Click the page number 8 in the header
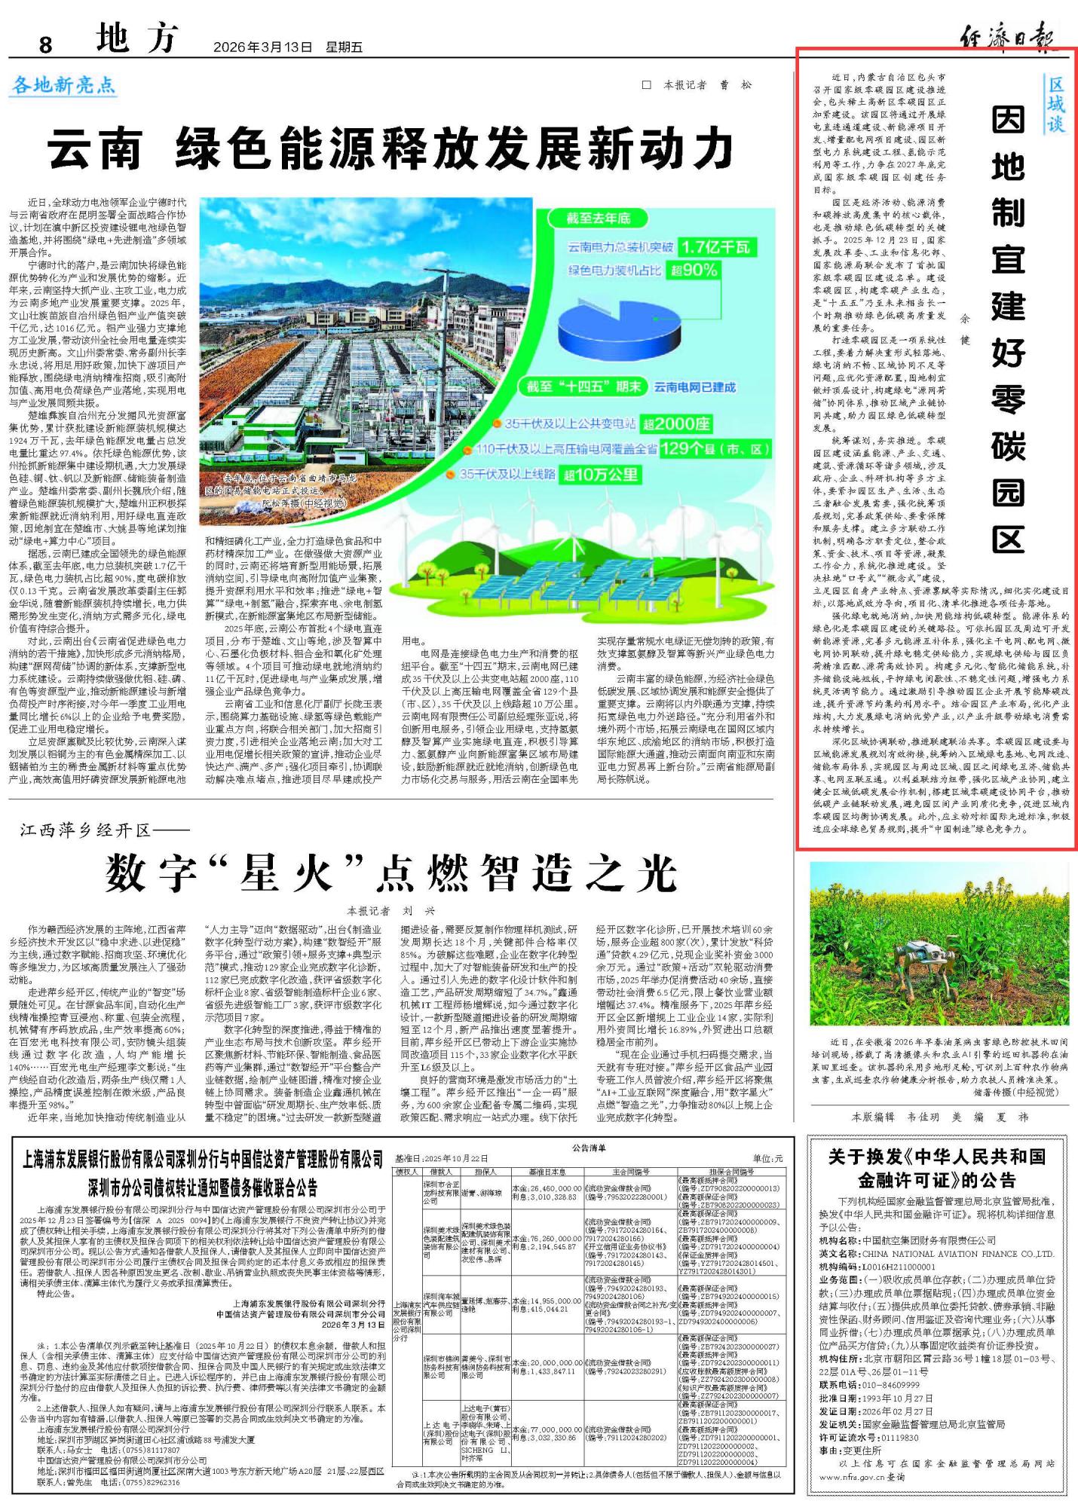[x=45, y=44]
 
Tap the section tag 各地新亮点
[x=64, y=85]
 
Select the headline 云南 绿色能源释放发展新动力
[x=391, y=148]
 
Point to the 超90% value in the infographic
[x=694, y=270]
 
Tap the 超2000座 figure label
[x=675, y=424]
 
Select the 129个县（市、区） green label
[x=715, y=449]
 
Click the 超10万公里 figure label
[x=601, y=475]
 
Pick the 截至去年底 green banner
[x=599, y=219]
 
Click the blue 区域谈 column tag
[x=1055, y=104]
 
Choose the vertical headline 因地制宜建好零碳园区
[x=1008, y=329]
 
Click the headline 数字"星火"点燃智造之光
[x=391, y=873]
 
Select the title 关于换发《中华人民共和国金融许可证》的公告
[x=937, y=1168]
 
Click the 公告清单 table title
[x=589, y=1148]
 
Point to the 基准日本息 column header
[x=547, y=1172]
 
